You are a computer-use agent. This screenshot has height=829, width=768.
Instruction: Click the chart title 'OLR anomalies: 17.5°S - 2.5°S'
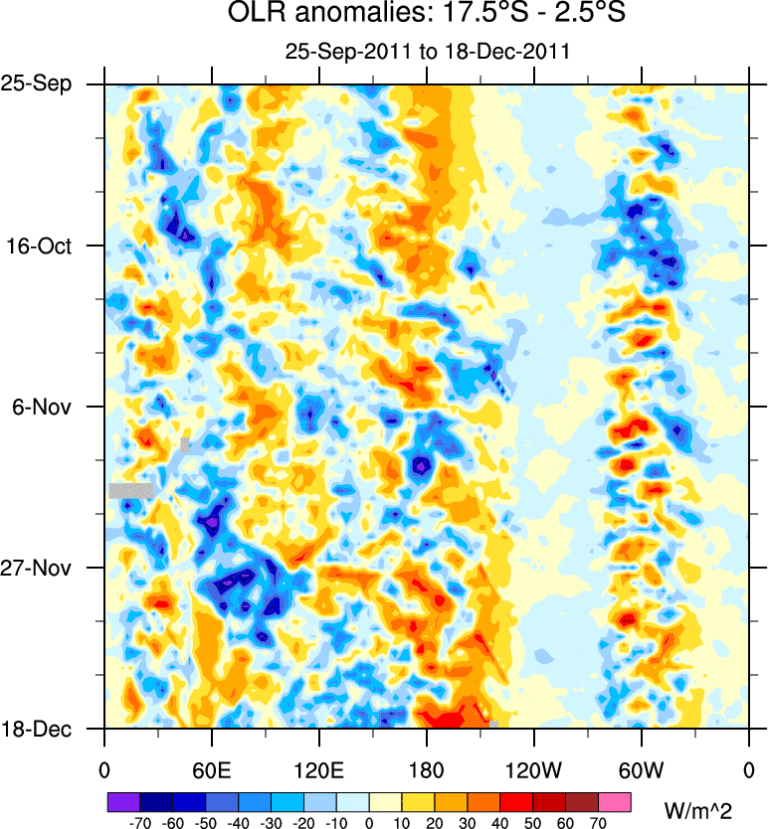pos(426,15)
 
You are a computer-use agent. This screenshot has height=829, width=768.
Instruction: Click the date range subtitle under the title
pos(426,52)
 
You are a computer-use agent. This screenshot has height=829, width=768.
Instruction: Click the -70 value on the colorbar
pos(140,823)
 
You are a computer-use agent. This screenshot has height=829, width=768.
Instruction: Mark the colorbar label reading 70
pos(598,823)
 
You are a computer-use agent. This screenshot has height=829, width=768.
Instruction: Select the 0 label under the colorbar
pos(369,823)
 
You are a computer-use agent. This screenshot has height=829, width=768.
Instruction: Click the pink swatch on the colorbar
pos(615,801)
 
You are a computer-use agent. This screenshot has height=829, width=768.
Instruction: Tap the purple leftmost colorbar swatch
pos(123,801)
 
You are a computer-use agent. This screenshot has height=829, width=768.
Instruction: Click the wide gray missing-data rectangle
pos(130,490)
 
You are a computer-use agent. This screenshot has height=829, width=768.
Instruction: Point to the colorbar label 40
pos(500,823)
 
